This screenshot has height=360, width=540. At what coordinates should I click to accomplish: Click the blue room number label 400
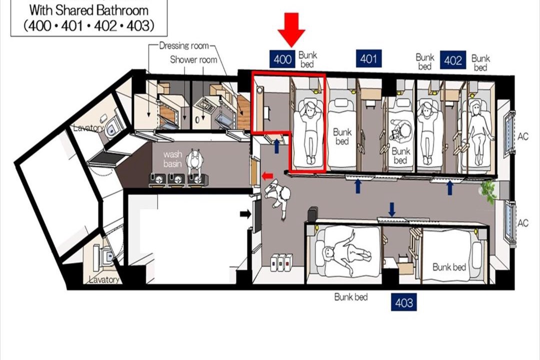click(x=282, y=59)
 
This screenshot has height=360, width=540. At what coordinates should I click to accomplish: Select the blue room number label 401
click(x=368, y=58)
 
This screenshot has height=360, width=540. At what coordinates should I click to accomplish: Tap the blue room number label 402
click(x=453, y=60)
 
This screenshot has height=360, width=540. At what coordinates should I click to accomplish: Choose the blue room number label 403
click(x=403, y=302)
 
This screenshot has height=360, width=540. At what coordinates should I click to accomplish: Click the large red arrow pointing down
click(x=291, y=29)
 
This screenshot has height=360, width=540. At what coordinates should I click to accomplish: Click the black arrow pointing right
click(x=245, y=214)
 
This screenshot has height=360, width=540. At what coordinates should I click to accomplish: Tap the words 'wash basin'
click(x=173, y=159)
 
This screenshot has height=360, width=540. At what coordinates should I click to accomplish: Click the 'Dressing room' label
click(x=184, y=45)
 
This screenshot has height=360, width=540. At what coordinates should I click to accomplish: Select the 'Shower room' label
click(x=193, y=59)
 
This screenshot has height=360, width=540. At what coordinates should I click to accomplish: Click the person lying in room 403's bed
click(x=344, y=251)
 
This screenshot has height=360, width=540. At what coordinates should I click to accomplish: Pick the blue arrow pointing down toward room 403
click(x=391, y=209)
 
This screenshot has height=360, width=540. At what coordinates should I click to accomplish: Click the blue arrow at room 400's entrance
click(x=276, y=146)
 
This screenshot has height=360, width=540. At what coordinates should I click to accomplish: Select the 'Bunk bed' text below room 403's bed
click(x=351, y=297)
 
